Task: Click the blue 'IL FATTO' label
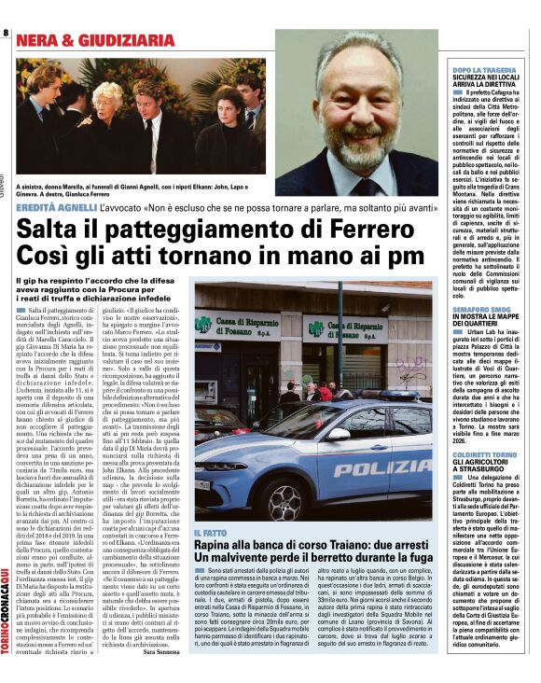point(210,533)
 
